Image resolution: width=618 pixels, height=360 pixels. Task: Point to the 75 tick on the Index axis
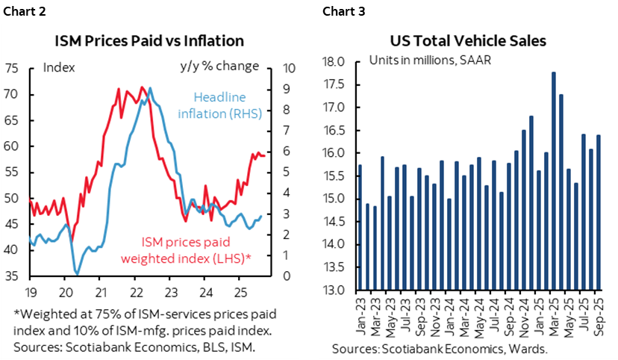pos(12,68)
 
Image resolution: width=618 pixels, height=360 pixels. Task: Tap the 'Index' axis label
pos(59,66)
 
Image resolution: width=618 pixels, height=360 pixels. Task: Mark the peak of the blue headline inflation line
pos(150,88)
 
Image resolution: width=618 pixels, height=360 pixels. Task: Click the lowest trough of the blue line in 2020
pos(77,273)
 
